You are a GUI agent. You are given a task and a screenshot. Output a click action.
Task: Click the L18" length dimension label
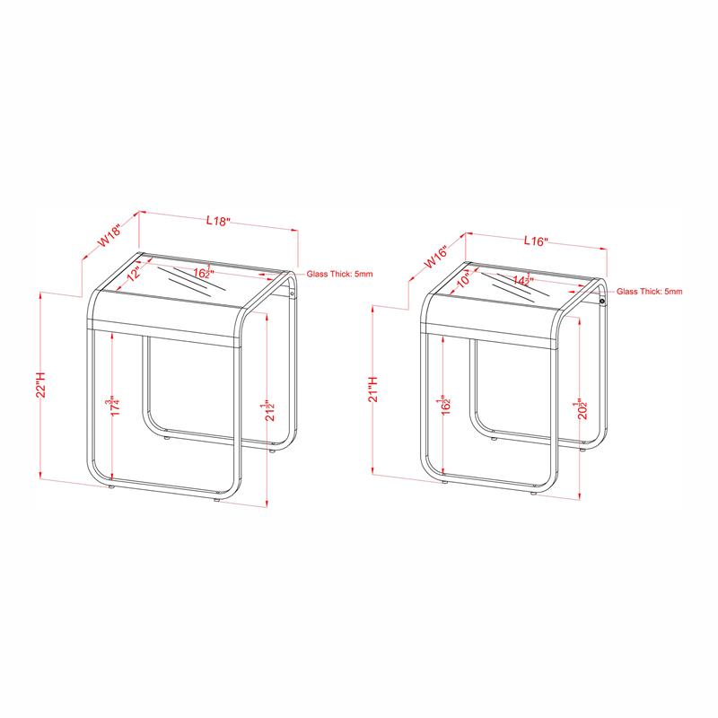218,221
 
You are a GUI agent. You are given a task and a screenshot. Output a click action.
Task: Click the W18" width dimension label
110,235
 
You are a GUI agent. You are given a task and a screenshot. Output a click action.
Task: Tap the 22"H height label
40,385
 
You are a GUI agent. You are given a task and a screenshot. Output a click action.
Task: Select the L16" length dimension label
536,241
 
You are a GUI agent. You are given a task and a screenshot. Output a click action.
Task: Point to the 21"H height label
373,390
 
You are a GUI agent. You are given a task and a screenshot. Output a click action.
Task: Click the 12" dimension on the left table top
133,275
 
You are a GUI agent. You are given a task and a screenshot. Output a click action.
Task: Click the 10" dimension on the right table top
464,279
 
